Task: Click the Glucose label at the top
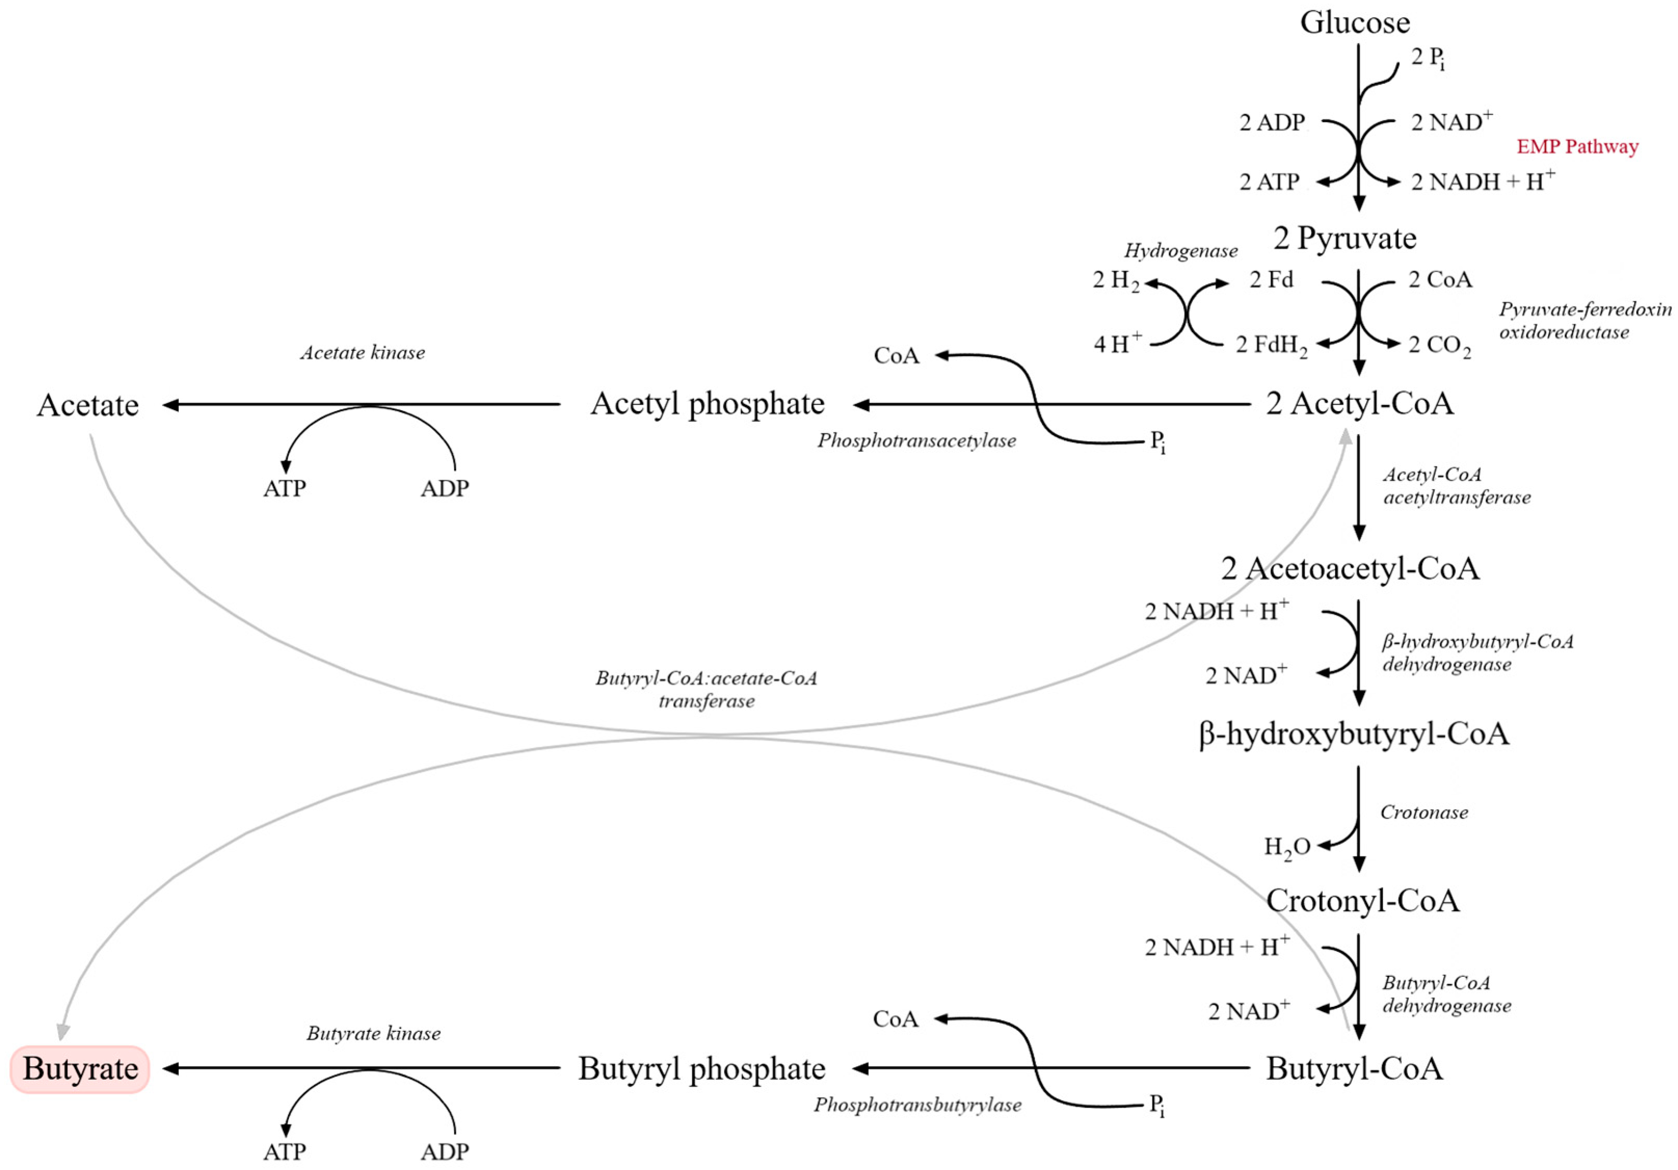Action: tap(1354, 23)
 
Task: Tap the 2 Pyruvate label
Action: tap(1344, 238)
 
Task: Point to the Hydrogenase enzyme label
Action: tap(1180, 251)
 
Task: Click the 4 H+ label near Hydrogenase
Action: tap(1117, 343)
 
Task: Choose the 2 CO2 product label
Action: tap(1438, 345)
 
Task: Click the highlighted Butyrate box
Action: tap(79, 1068)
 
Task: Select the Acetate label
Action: tap(88, 405)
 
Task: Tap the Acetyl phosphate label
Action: tap(707, 404)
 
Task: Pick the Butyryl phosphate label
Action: tap(701, 1068)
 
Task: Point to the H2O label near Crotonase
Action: tap(1287, 847)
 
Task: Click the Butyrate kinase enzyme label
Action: tap(373, 1033)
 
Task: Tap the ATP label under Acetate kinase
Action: tap(284, 488)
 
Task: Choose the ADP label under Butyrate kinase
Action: tap(445, 1152)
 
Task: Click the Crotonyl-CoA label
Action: tap(1362, 900)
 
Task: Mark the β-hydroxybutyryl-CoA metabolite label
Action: tap(1353, 734)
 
